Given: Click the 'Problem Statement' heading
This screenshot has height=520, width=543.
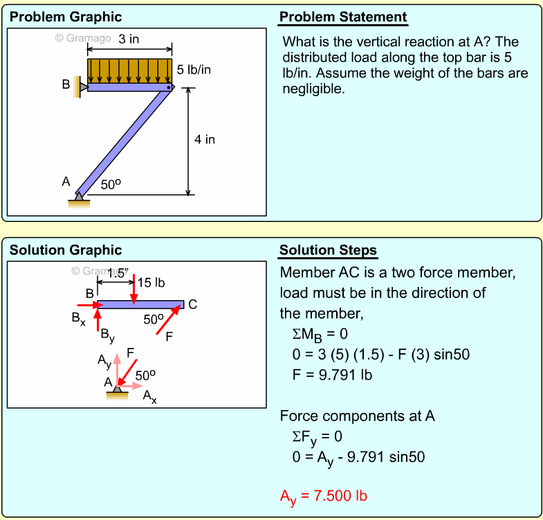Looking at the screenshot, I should [343, 17].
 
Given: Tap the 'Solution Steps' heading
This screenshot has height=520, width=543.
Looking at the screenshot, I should [328, 250].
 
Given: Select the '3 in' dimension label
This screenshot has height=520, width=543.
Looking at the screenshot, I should [128, 39].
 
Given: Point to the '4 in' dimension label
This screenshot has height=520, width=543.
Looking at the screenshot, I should [204, 140].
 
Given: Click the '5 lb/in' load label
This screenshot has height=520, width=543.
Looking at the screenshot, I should [194, 70].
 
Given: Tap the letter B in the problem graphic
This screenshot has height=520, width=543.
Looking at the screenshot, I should [66, 84].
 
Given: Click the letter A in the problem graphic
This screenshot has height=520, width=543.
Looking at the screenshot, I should [66, 182].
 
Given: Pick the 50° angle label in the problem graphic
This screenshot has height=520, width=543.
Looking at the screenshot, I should [111, 185].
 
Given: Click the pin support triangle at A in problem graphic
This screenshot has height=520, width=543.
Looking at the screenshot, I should [80, 198].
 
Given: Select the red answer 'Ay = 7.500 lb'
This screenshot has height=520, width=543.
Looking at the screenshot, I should [323, 496].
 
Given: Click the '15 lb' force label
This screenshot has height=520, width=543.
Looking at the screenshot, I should [151, 282].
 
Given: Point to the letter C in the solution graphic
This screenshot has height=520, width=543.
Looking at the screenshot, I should [192, 304].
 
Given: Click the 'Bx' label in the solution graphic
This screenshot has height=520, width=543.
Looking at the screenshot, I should [79, 319].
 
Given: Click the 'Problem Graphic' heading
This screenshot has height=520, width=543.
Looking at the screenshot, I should [66, 17].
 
